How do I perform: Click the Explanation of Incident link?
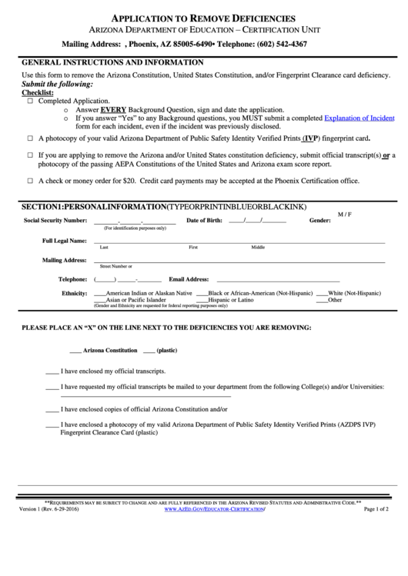click(x=359, y=119)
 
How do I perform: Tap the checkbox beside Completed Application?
click(x=30, y=101)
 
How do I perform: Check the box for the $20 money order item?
click(x=30, y=181)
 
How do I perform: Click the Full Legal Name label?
click(x=64, y=241)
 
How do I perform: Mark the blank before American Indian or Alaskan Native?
click(x=99, y=295)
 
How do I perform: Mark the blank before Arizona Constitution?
click(x=75, y=351)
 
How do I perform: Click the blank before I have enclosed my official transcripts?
click(x=52, y=371)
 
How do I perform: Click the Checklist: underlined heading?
click(x=37, y=92)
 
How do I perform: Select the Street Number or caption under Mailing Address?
click(x=116, y=266)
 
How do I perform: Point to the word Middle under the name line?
click(x=258, y=248)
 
